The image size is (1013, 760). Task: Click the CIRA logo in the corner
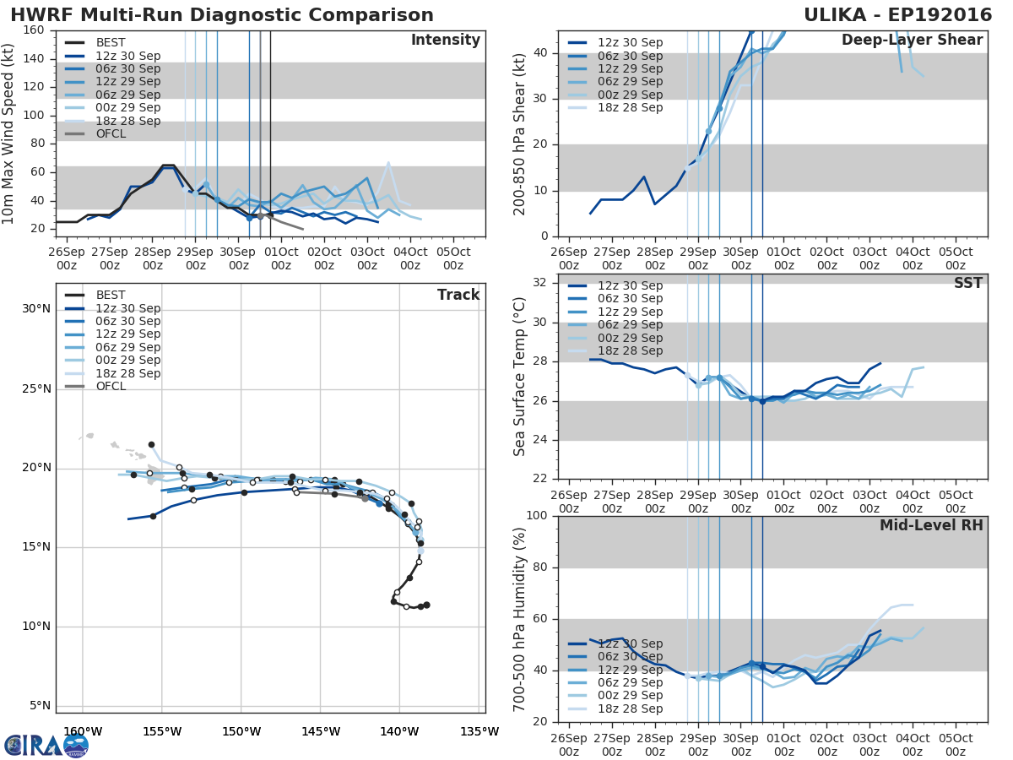[x=46, y=745]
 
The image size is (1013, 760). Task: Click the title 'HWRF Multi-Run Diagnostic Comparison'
[x=221, y=15]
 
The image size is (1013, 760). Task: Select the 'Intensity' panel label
[x=445, y=41]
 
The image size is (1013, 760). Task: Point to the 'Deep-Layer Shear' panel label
[x=912, y=41]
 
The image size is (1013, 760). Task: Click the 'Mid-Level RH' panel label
[x=931, y=526]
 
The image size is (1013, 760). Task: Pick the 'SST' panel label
[x=967, y=284]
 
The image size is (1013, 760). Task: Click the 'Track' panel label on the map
[x=458, y=295]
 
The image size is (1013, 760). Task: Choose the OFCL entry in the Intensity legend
[x=111, y=134]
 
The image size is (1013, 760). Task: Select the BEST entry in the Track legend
[x=111, y=295]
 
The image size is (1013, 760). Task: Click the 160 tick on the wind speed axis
[x=35, y=30]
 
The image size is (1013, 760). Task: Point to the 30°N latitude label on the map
[x=35, y=309]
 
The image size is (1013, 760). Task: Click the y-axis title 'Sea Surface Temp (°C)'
[x=519, y=377]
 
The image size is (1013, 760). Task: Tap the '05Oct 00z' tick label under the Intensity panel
[x=452, y=258]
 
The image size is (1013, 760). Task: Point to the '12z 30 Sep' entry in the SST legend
[x=631, y=285]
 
